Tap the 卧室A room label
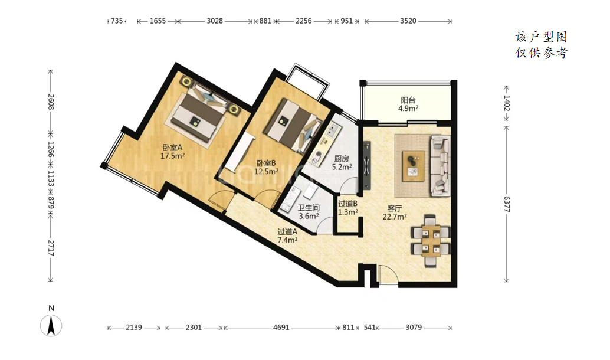pos(172,148)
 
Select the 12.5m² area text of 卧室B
pos(267,171)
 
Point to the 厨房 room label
pos(342,159)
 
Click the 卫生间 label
pos(309,208)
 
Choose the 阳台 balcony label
pos(408,100)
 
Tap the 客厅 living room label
pos(395,208)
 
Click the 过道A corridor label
pos(287,231)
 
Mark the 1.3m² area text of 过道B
pos(348,212)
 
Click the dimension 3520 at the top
pos(408,21)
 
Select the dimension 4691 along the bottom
pos(281,328)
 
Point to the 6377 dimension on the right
pos(506,204)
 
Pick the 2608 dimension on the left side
pos(51,102)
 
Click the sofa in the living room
pos(440,165)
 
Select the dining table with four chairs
pos(430,241)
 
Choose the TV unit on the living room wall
pos(367,165)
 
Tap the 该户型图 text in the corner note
pos(541,37)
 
